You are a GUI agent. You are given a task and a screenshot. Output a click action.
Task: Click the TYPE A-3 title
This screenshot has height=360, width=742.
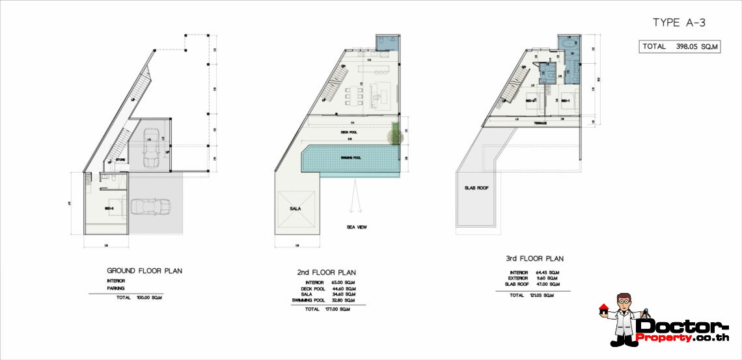679,23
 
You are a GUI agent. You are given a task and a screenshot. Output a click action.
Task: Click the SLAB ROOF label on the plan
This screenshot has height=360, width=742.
476,187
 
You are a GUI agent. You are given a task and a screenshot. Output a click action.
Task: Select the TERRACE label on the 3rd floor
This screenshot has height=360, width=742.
540,122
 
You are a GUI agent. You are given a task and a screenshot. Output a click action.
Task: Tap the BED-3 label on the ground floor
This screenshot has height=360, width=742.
109,208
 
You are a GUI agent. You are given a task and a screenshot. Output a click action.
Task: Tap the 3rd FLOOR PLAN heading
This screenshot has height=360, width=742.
534,258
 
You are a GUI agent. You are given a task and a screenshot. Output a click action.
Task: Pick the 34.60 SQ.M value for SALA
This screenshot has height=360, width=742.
346,294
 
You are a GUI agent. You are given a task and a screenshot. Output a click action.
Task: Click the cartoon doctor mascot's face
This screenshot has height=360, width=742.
623,305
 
